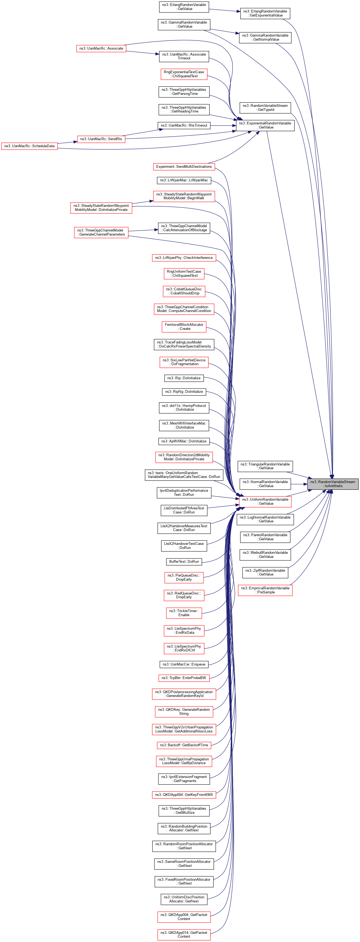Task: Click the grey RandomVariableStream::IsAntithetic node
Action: (x=333, y=484)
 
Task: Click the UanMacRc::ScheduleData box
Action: (x=29, y=146)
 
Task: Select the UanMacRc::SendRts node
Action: (x=101, y=139)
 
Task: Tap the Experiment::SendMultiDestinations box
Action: (x=184, y=166)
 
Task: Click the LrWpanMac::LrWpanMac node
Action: (x=184, y=180)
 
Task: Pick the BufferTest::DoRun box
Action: (x=184, y=561)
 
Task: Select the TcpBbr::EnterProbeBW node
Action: (x=184, y=678)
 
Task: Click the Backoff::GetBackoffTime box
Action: (x=184, y=745)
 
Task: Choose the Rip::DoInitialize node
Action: (x=184, y=378)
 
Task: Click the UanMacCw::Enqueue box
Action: (x=184, y=664)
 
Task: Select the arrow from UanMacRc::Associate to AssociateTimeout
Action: (x=143, y=52)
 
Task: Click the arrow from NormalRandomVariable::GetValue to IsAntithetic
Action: (x=299, y=484)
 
